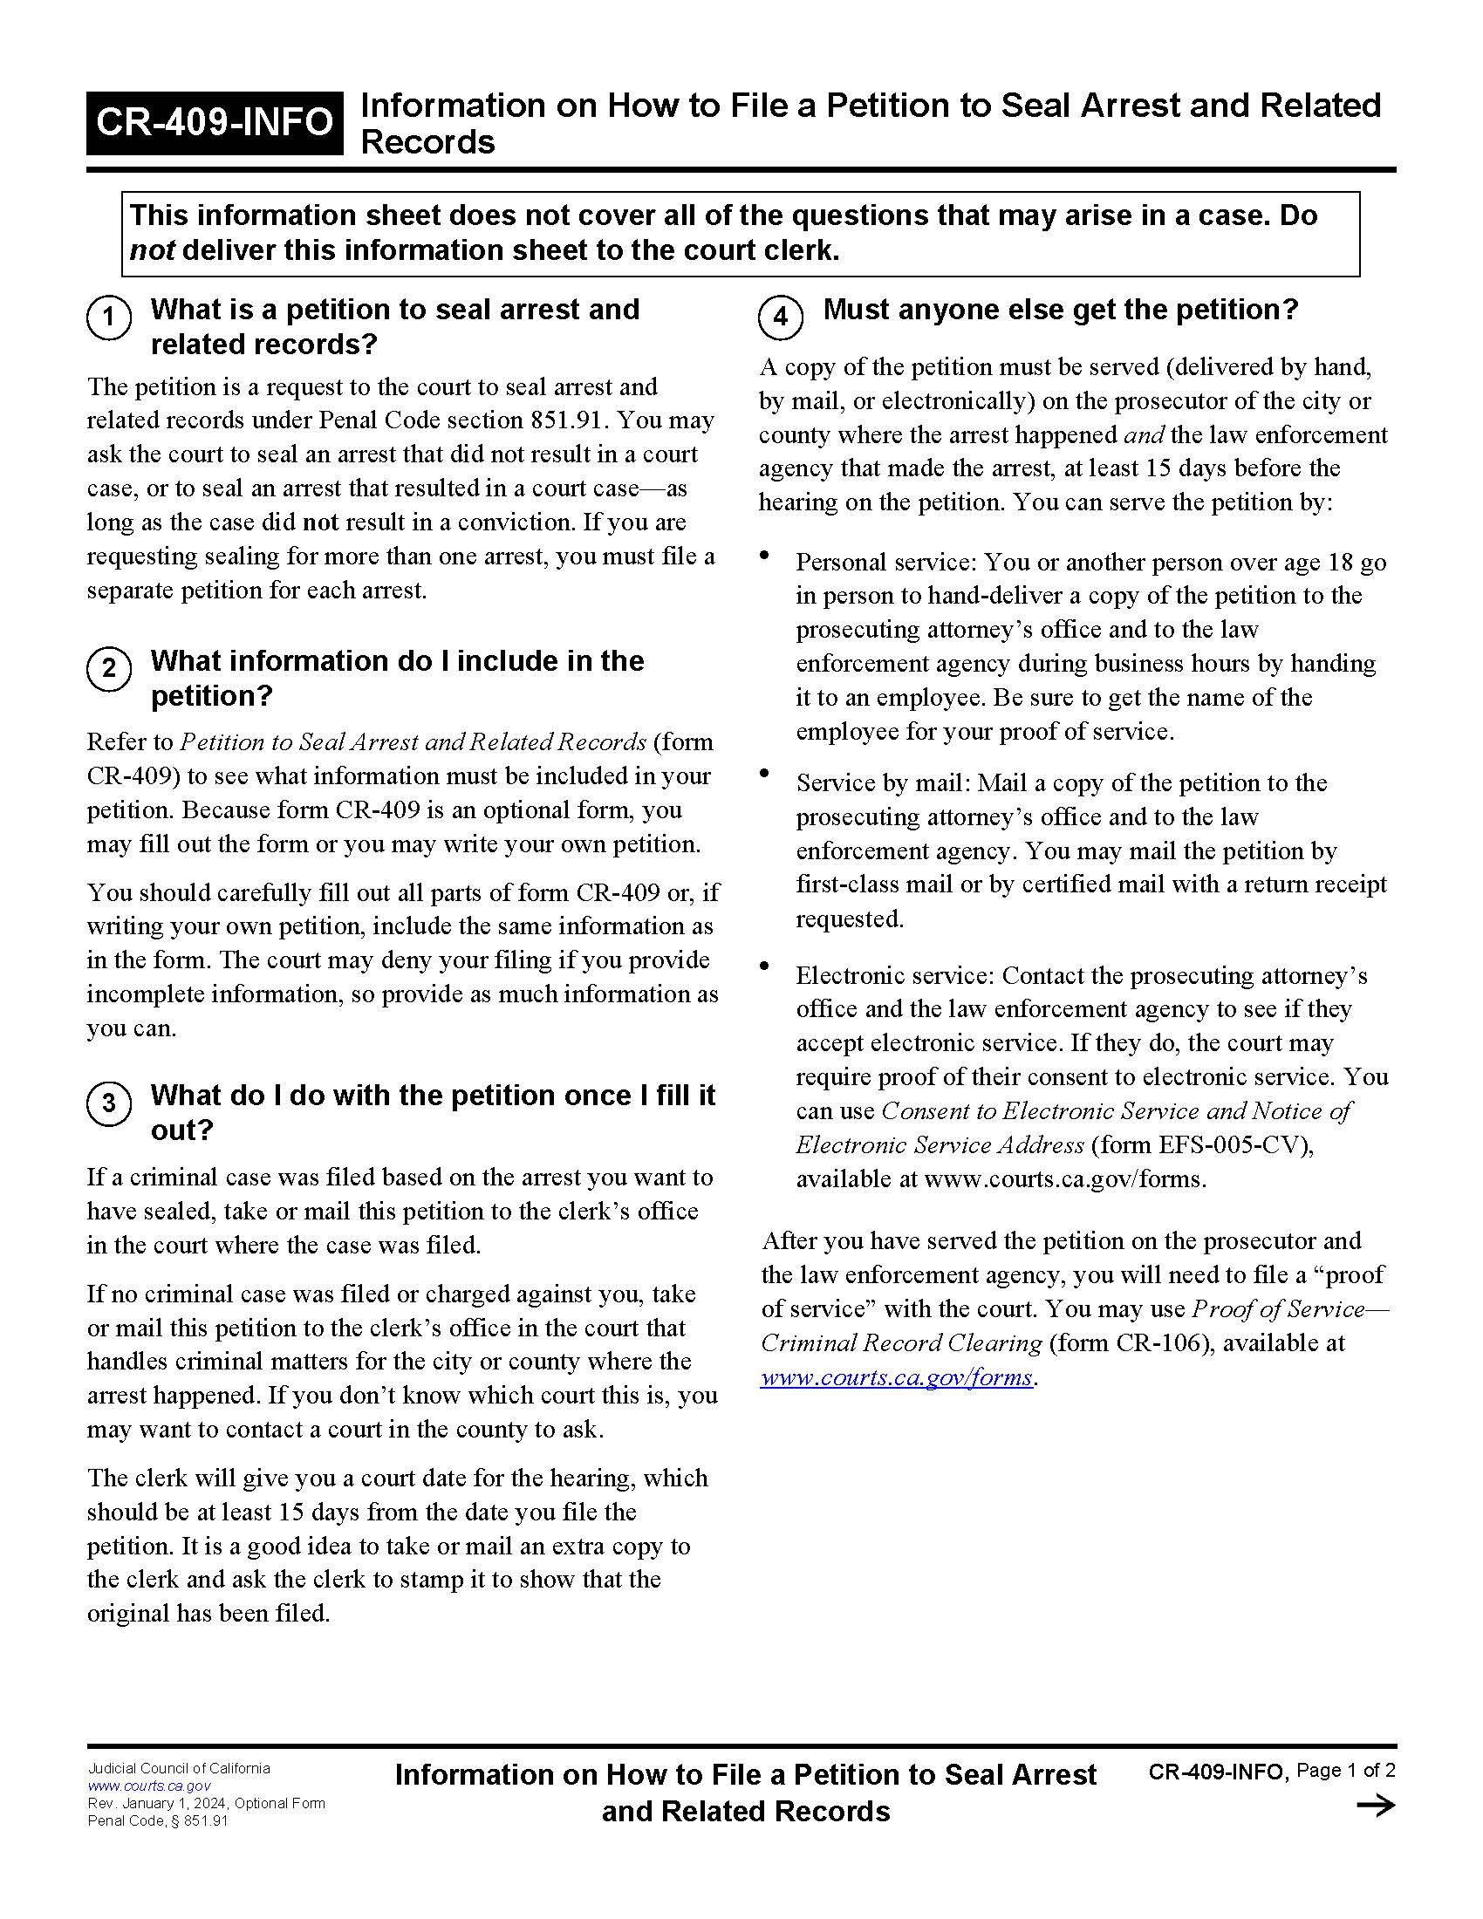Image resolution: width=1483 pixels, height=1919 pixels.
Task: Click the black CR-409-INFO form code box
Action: [214, 122]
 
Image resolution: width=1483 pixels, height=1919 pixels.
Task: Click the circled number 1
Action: [109, 318]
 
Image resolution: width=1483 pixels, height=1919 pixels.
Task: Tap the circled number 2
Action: [109, 669]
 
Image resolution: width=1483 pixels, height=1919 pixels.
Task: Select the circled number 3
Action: [109, 1103]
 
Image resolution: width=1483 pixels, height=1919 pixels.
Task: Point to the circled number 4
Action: [780, 318]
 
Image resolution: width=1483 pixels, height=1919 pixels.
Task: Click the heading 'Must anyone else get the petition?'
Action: [1060, 310]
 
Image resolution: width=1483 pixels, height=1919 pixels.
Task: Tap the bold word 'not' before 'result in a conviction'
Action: [320, 522]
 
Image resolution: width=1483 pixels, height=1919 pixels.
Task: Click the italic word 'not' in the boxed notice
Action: [152, 251]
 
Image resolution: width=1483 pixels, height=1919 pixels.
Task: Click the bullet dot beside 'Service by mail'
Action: [765, 773]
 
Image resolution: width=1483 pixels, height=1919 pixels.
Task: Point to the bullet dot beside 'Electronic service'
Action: [765, 966]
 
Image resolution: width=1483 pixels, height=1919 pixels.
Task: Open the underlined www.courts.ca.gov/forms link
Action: [896, 1376]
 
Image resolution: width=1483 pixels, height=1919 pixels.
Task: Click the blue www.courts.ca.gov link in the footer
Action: [148, 1786]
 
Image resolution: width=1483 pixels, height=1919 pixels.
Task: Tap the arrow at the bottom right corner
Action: [1375, 1806]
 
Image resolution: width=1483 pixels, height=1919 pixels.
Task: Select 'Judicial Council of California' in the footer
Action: [178, 1768]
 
